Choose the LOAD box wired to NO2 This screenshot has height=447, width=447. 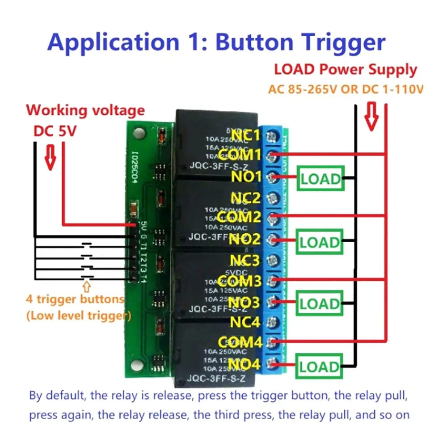coord(320,243)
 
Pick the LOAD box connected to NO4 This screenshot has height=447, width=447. coord(320,367)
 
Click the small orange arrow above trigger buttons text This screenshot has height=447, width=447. coord(87,284)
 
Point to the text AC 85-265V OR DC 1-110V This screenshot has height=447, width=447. coord(346,89)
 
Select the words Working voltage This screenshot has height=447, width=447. coord(85,110)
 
